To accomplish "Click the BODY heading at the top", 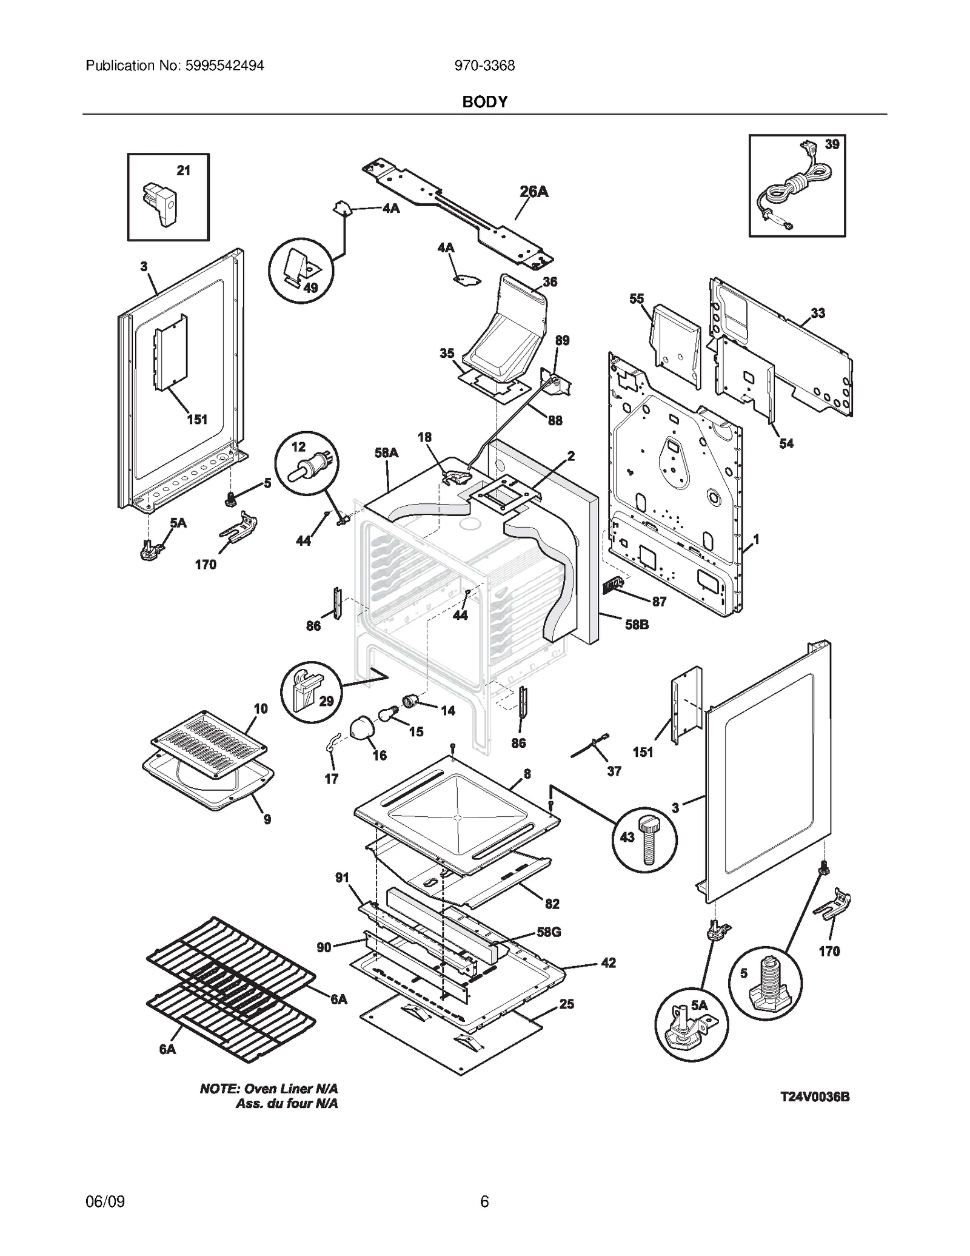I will (x=484, y=102).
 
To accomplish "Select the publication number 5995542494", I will (x=221, y=65).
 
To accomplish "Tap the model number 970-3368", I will (x=484, y=65).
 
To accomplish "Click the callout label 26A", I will (x=533, y=192).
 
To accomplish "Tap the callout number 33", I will (x=817, y=313).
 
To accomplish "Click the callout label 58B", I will (x=637, y=624).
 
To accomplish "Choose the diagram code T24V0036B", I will (x=814, y=1096).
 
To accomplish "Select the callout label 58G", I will (x=549, y=932).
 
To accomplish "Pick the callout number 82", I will (x=552, y=904).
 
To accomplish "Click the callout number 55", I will (x=637, y=298).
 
